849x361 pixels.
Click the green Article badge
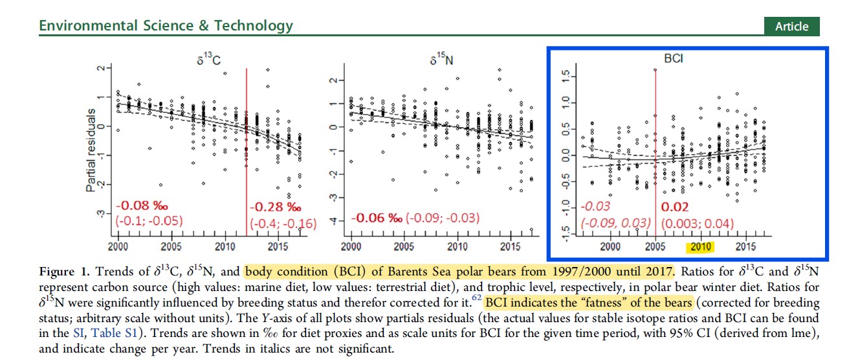pos(791,27)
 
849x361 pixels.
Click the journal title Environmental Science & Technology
pos(166,26)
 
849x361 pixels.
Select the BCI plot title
pos(674,58)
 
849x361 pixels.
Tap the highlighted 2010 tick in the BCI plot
pos(701,247)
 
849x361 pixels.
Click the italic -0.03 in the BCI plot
pos(595,207)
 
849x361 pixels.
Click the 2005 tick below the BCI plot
pos(656,247)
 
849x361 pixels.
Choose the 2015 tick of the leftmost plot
pos(278,247)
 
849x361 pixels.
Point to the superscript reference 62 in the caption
pos(476,297)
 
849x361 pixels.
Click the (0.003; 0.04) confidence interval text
pos(697,224)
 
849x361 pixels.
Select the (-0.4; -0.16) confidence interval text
pos(283,224)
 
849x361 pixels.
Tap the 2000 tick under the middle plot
pos(351,247)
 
